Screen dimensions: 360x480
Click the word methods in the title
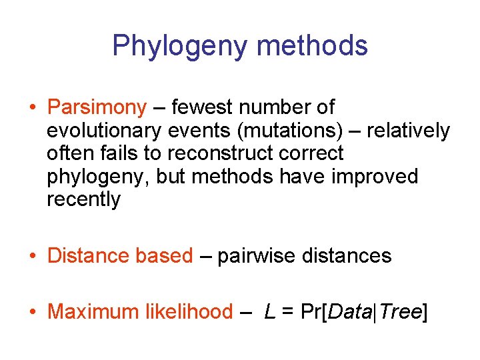312,46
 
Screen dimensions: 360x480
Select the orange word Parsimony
97,107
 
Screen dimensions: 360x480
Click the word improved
376,177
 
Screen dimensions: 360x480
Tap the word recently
83,200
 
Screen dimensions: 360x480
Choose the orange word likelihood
189,311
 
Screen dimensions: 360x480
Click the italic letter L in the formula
270,311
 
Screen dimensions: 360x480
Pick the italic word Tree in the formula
401,311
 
